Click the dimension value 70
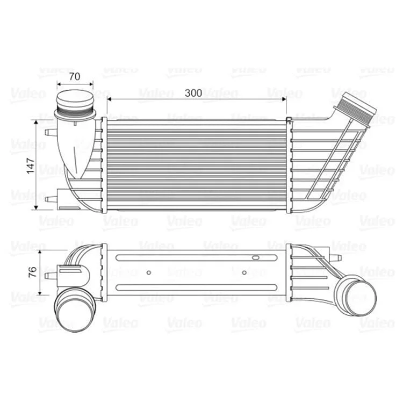click(75, 76)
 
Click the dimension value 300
click(193, 93)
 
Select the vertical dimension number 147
click(31, 166)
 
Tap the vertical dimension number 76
click(33, 272)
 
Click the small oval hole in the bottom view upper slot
click(256, 257)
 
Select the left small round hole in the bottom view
click(148, 272)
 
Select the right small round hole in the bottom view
click(244, 272)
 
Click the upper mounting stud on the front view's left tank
click(51, 132)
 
